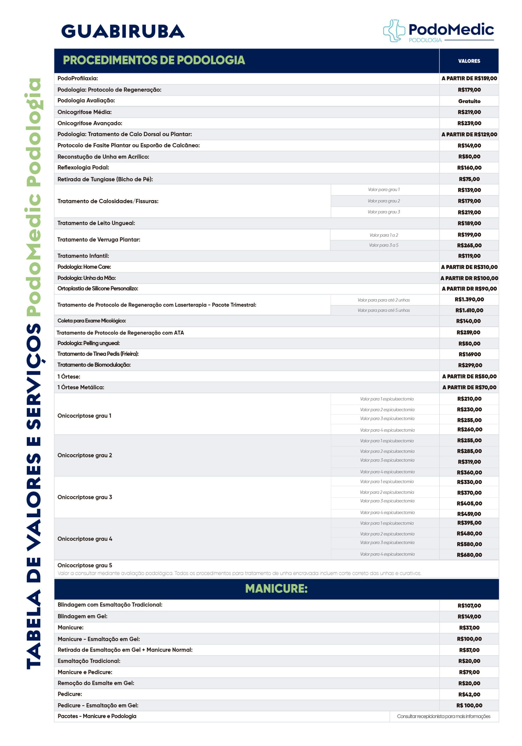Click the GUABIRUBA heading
(123, 31)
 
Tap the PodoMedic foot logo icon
(394, 31)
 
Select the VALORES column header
(469, 61)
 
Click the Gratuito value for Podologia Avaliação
(469, 101)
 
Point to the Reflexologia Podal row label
(83, 168)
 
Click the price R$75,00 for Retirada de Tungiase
(469, 179)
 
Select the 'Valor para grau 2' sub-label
(383, 201)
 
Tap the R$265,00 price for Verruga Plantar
(469, 246)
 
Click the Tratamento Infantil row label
(83, 256)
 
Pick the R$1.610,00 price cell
(469, 310)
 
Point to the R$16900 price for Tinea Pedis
(469, 354)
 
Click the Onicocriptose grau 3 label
(85, 497)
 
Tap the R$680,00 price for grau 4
(469, 555)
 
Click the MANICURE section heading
(276, 589)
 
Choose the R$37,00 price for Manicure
(469, 628)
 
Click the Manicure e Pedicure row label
(85, 672)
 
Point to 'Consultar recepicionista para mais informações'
(443, 717)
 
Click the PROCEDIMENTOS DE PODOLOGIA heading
(153, 60)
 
